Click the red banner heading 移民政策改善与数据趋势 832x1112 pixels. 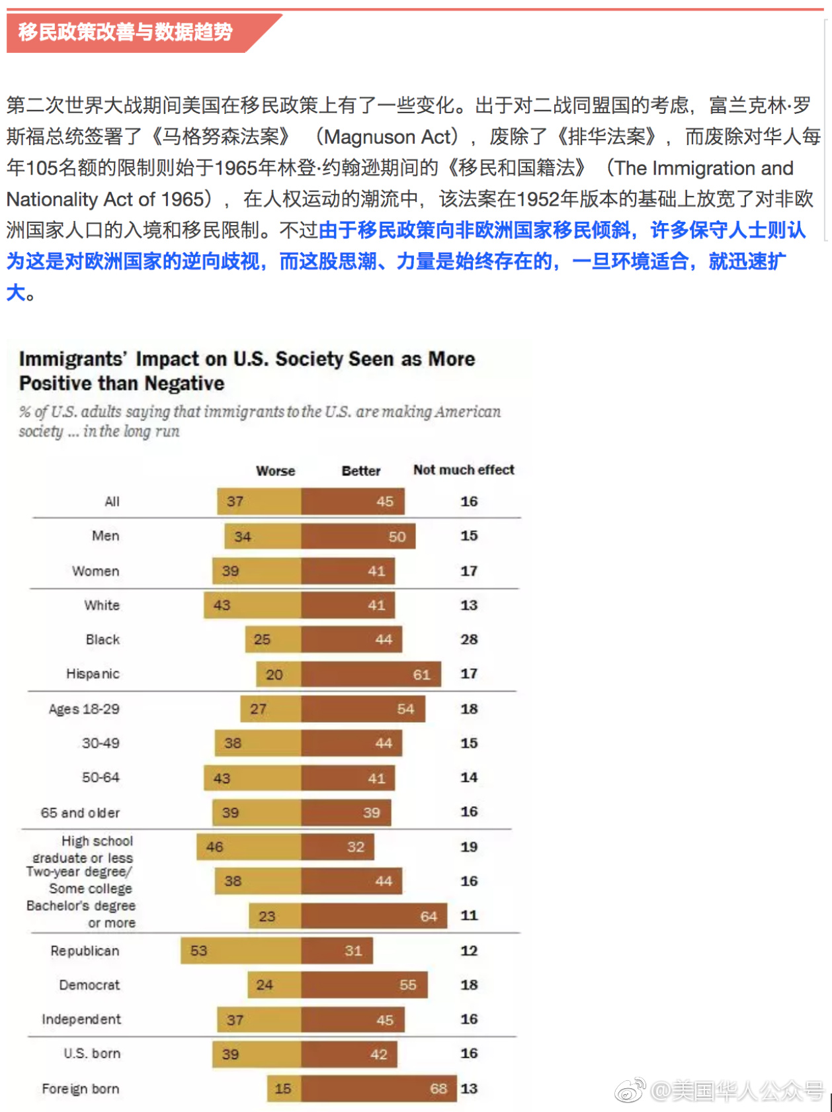point(126,32)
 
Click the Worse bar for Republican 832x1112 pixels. point(241,950)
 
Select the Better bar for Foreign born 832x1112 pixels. point(378,1088)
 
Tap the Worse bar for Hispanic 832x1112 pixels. point(278,674)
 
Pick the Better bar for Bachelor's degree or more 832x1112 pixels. point(374,916)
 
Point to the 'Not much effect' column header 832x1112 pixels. point(463,470)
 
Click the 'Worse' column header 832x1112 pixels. point(275,471)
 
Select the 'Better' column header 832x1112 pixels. point(360,471)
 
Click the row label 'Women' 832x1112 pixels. point(96,571)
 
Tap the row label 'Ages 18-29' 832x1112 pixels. point(84,709)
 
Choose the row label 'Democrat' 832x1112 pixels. point(89,985)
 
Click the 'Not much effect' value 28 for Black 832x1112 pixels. point(469,639)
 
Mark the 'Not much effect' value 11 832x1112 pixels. point(469,915)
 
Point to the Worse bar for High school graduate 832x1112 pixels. point(249,847)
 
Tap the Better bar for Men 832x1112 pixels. point(358,536)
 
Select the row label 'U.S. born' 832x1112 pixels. point(92,1053)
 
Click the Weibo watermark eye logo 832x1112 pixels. point(630,1089)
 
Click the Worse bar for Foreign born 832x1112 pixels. point(284,1088)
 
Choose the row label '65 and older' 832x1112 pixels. point(80,812)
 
